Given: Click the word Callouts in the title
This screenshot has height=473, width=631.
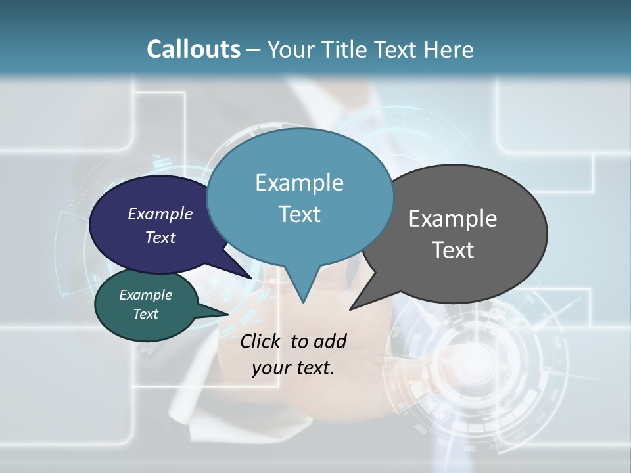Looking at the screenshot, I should coord(193,49).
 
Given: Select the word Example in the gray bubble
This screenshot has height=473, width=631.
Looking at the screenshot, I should coord(452,219).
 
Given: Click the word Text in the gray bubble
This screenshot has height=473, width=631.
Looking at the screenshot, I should coord(452,250).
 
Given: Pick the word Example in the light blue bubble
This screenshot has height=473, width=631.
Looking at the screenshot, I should coord(299,183).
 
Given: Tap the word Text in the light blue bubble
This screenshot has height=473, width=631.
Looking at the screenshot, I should coord(299,214).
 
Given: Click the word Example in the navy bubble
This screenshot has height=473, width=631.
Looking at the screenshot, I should coord(160,214).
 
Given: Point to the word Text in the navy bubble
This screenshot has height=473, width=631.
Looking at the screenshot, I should coord(160,237).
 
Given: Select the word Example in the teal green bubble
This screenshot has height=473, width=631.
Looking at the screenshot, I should coord(145,295).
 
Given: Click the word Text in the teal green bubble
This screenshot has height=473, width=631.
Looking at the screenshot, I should coord(145,314).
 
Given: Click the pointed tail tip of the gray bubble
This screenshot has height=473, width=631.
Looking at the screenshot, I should coord(351,309).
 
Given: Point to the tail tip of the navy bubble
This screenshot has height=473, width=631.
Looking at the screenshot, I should coord(250,278).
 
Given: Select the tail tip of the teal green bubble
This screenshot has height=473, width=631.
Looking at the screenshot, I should coord(227,315).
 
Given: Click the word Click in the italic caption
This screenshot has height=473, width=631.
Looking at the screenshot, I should coord(260,341).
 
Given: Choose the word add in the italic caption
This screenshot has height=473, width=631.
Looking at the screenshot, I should coord(330,341).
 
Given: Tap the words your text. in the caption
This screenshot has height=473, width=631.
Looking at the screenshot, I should coord(292,367).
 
